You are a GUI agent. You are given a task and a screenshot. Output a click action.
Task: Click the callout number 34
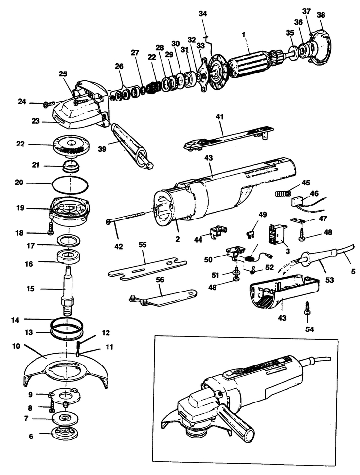pyautogui.click(x=203, y=13)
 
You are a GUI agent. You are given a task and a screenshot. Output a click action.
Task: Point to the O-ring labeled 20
pyautogui.click(x=72, y=186)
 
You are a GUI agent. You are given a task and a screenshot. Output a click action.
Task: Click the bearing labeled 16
pyautogui.click(x=70, y=256)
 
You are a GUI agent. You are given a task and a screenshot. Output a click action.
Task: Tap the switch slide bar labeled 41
pyautogui.click(x=227, y=138)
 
